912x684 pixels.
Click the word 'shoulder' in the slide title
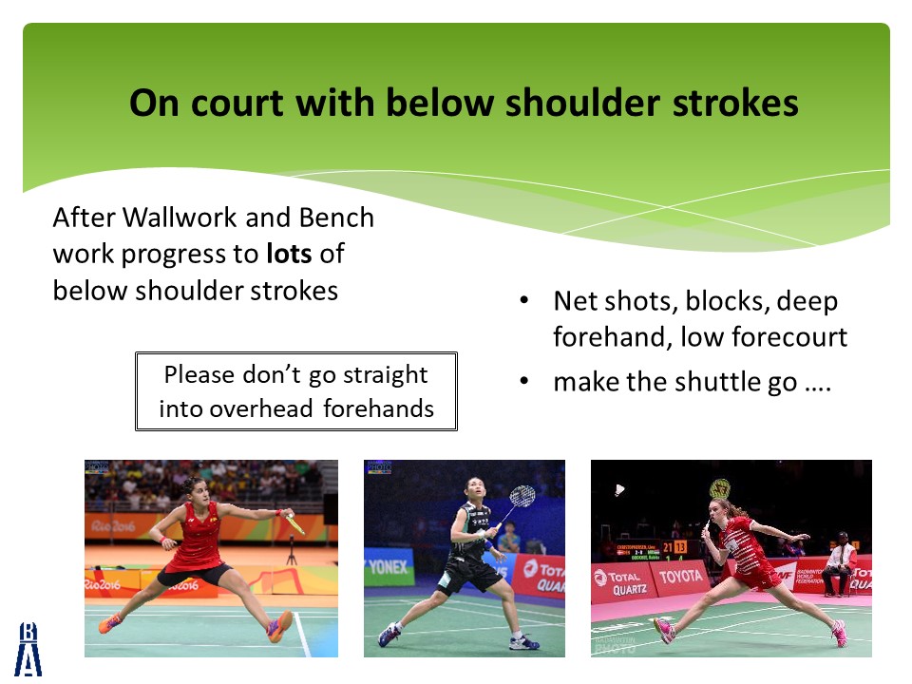(581, 104)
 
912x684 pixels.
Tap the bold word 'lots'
(289, 254)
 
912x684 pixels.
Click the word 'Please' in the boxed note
(199, 375)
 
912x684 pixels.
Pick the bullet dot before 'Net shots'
(524, 301)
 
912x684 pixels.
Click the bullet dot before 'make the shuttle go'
(524, 381)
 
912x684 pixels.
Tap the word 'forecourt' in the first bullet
(789, 337)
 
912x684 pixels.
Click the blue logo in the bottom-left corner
(28, 649)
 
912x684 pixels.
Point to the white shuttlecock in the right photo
(619, 490)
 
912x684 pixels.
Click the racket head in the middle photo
(522, 496)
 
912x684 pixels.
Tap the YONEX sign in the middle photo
(389, 566)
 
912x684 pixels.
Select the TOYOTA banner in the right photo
(680, 577)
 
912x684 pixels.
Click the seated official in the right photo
(838, 564)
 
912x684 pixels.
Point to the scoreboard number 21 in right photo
(668, 548)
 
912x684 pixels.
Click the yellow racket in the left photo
(294, 523)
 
